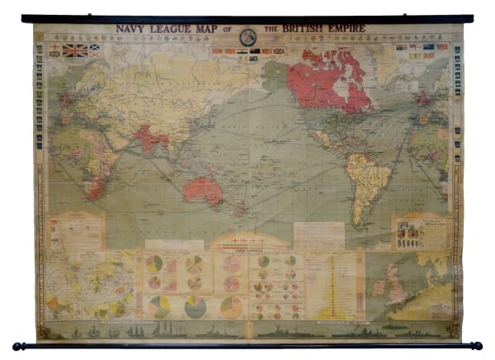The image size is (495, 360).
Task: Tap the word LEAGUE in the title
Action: (x=168, y=28)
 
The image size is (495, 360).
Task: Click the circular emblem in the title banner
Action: (x=247, y=36)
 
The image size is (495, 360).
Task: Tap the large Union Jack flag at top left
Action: (x=75, y=50)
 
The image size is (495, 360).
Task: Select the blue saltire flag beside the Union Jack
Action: (x=96, y=50)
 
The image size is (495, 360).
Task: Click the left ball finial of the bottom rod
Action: (x=17, y=346)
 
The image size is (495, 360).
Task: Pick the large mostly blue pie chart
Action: (x=196, y=307)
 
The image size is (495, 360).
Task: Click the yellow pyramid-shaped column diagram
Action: (x=341, y=285)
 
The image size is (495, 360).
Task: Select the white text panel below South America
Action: (x=318, y=235)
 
